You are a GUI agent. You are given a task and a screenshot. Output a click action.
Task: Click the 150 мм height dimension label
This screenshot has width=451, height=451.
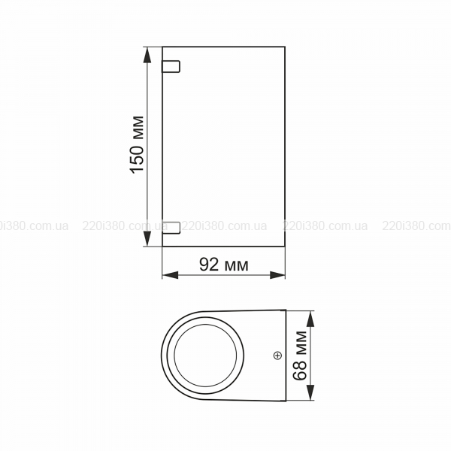138,144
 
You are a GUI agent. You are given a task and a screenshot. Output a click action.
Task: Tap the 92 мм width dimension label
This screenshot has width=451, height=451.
224,265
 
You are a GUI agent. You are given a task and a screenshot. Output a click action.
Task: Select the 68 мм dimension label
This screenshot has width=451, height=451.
299,356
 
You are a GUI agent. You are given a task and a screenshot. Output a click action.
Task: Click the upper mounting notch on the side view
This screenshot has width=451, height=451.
171,66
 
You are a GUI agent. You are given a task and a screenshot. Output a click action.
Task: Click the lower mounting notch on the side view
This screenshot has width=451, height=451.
171,228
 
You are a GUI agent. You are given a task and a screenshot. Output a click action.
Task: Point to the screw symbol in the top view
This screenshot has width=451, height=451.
277,356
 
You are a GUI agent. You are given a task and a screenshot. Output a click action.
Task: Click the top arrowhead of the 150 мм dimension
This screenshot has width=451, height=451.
147,55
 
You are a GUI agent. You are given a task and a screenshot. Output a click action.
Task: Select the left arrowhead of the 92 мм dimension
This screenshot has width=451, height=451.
171,275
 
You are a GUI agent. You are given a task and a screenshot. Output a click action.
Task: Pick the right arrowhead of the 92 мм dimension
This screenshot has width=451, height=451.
277,275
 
